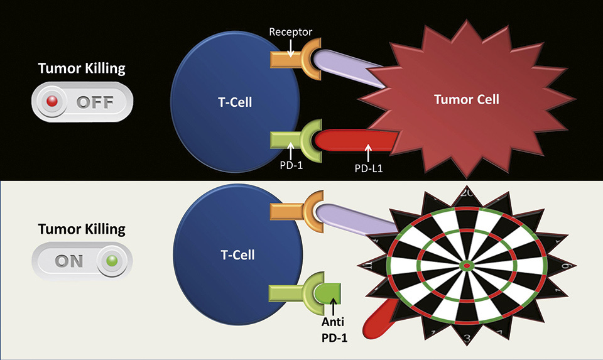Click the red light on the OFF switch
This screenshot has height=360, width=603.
pos(53,102)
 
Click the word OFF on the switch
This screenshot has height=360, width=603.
pos(95,102)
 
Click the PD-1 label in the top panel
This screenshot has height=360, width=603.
pos(291,166)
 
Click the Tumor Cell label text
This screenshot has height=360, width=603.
pos(467,99)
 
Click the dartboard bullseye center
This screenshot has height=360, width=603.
pos(467,266)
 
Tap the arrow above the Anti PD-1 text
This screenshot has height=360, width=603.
pos(333,308)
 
